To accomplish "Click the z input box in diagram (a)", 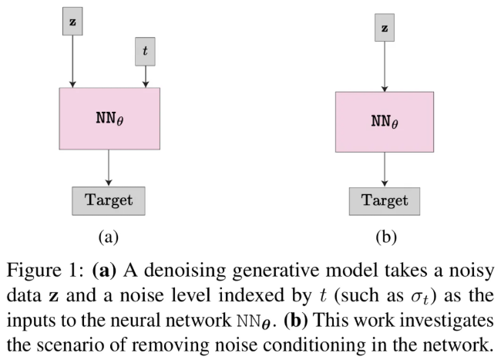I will coord(72,22).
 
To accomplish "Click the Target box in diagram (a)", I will coord(108,200).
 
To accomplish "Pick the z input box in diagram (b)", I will coord(384,29).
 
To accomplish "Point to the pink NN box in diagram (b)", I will coord(384,121).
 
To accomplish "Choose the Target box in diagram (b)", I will coord(384,200).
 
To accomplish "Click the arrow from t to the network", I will coord(145,75).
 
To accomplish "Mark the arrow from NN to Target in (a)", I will coord(108,167).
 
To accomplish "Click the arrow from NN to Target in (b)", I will coord(384,169).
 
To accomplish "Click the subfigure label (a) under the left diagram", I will coord(108,237).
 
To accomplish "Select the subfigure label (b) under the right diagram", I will coord(385,237).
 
